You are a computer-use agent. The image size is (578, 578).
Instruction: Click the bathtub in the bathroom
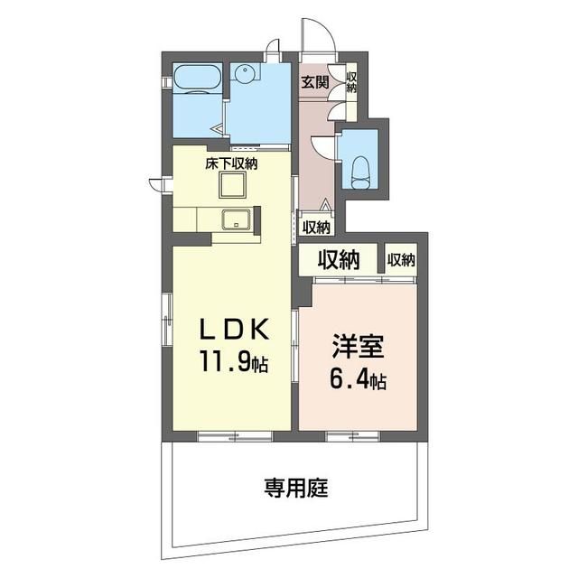tap(197, 80)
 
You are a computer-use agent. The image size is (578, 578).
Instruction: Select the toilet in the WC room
tap(360, 172)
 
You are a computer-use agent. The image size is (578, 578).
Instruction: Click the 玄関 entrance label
tap(315, 82)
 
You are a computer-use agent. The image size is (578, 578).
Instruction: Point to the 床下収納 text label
tap(231, 163)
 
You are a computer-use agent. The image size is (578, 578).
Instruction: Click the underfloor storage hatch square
tap(232, 185)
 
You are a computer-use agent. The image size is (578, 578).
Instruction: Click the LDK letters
tap(234, 330)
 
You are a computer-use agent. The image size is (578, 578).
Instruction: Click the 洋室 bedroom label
tap(358, 346)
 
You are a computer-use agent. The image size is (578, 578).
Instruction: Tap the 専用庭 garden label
tap(295, 488)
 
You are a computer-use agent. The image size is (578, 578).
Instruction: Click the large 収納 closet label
tap(339, 260)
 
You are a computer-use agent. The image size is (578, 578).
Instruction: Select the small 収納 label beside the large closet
tap(401, 260)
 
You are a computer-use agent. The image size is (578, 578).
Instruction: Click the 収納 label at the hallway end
tap(316, 228)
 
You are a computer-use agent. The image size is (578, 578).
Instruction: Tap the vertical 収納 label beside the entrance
tap(351, 82)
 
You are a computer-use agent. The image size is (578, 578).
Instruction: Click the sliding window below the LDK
tap(235, 436)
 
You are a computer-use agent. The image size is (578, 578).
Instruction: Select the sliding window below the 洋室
tap(353, 436)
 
